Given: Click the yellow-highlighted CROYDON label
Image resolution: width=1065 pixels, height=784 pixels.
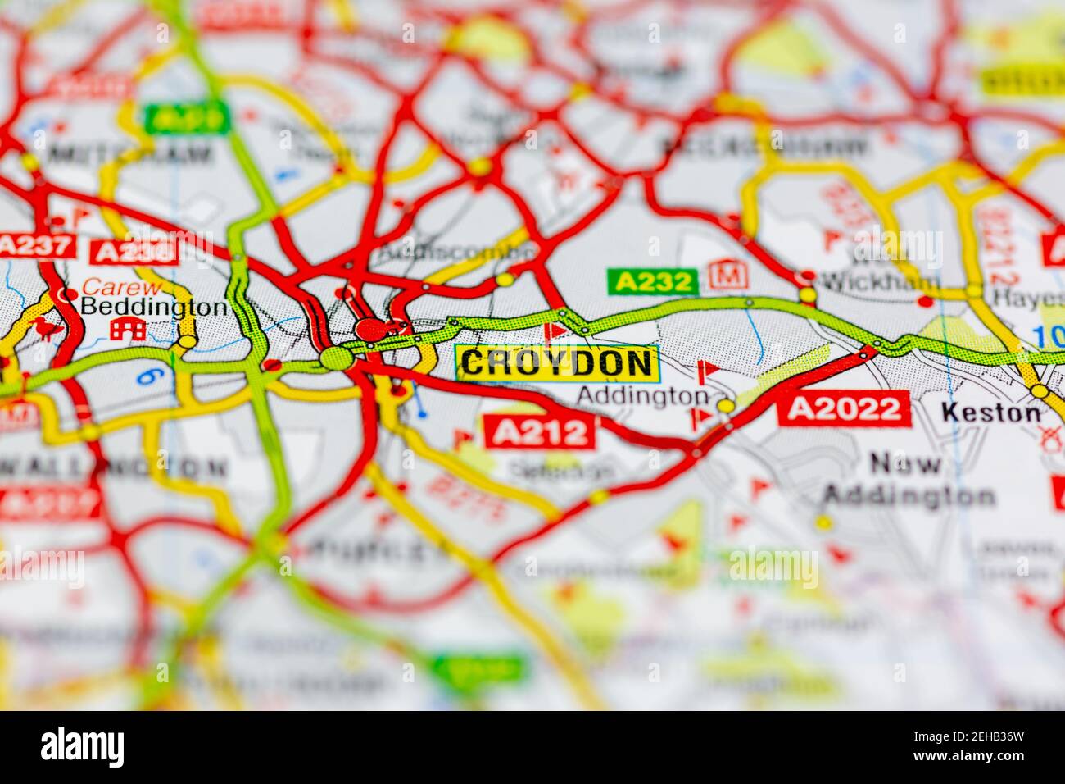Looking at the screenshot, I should point(557,362).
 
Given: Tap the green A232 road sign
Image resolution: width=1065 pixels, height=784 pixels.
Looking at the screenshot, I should point(652,282).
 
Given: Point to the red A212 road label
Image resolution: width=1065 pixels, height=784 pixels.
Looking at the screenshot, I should point(540,431).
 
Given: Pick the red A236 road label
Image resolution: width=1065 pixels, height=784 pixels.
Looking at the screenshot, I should point(135,252).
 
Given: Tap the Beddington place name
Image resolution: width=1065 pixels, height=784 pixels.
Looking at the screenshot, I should point(154,308).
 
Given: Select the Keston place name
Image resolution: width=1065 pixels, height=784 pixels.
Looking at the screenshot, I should point(990,413).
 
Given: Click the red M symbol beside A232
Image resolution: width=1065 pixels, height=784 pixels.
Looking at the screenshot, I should point(723,275).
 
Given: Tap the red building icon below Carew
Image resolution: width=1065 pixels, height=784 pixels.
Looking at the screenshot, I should point(128,330).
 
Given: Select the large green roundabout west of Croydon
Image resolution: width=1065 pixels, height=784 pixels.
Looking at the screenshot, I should point(336,358).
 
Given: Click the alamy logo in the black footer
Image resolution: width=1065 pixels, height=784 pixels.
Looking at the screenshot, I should point(83,747).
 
